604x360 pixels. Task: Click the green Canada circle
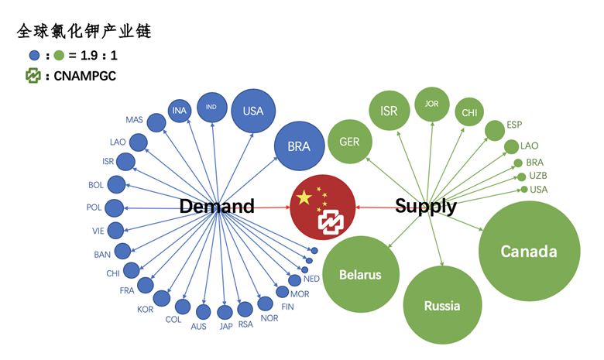click(529, 252)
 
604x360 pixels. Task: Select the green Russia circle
click(442, 305)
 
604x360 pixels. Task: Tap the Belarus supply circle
click(360, 275)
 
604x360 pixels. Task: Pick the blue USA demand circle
click(253, 111)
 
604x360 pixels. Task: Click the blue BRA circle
click(298, 146)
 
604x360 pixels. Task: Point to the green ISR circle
click(389, 111)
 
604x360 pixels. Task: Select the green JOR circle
click(432, 104)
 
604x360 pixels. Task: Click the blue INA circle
click(180, 111)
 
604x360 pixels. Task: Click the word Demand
click(217, 207)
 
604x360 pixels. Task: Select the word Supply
click(425, 207)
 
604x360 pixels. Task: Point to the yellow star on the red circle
click(304, 198)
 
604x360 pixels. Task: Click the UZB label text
click(537, 177)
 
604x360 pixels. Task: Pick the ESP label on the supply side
click(514, 125)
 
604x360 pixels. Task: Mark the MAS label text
click(134, 119)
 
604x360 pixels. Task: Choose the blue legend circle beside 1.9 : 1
click(34, 56)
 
